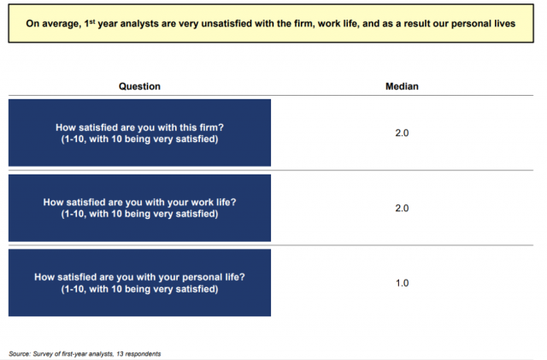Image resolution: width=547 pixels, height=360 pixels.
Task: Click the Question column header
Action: pyautogui.click(x=139, y=86)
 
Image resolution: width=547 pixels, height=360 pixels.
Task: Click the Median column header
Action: pyautogui.click(x=402, y=86)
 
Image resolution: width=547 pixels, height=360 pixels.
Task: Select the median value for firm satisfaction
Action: pyautogui.click(x=402, y=133)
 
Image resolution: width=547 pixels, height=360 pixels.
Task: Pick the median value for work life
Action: pyautogui.click(x=402, y=208)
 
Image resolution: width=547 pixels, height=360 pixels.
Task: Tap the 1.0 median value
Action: pyautogui.click(x=402, y=283)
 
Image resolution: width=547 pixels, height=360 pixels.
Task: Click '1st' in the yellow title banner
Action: pyautogui.click(x=90, y=23)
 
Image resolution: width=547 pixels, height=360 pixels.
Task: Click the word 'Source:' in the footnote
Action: pyautogui.click(x=20, y=354)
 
